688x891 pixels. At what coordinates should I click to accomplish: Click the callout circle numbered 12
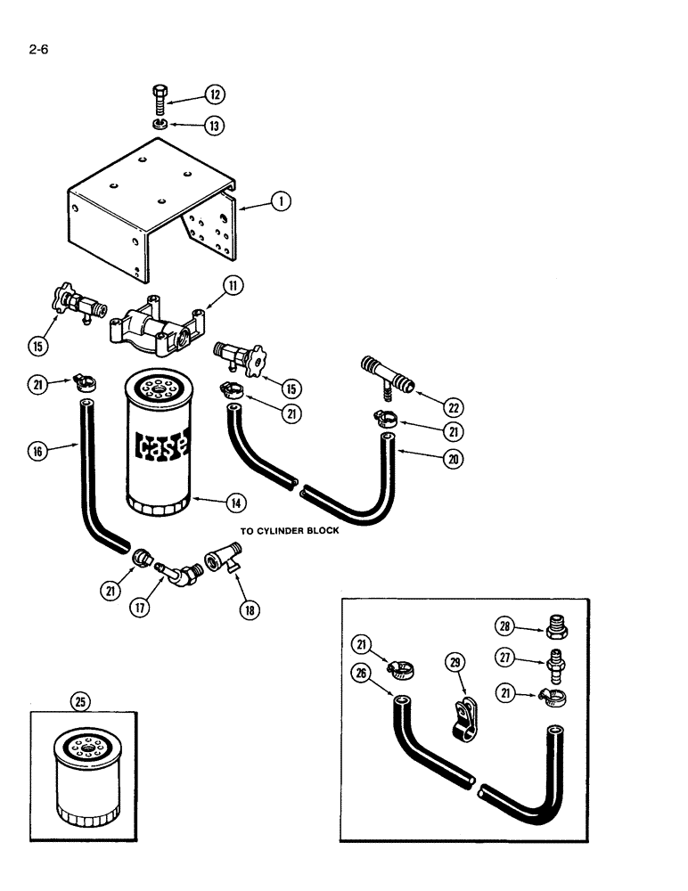coord(214,94)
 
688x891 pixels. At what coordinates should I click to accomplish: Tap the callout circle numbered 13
coord(214,126)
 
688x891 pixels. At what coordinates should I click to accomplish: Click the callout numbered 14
coord(235,503)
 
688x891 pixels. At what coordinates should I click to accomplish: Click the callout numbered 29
coord(455,662)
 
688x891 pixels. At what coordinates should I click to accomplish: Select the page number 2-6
coord(37,50)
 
